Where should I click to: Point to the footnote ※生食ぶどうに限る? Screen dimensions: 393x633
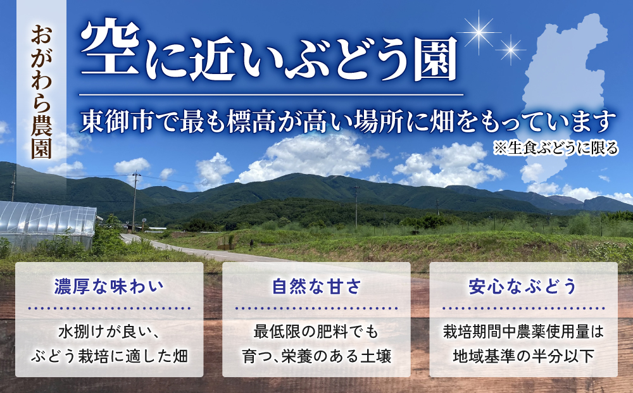click(557, 149)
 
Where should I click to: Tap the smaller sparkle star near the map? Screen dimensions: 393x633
click(510, 48)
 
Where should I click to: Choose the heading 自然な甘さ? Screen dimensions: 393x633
click(316, 287)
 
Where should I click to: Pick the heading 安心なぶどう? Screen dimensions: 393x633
click(523, 287)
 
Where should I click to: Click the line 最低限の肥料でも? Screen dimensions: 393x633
click(316, 330)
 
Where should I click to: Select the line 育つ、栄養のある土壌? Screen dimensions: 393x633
click(316, 355)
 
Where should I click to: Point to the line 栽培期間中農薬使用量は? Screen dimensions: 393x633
click(523, 330)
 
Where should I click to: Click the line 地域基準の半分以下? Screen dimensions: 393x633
click(523, 355)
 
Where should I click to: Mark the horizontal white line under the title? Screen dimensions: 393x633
click(272, 95)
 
